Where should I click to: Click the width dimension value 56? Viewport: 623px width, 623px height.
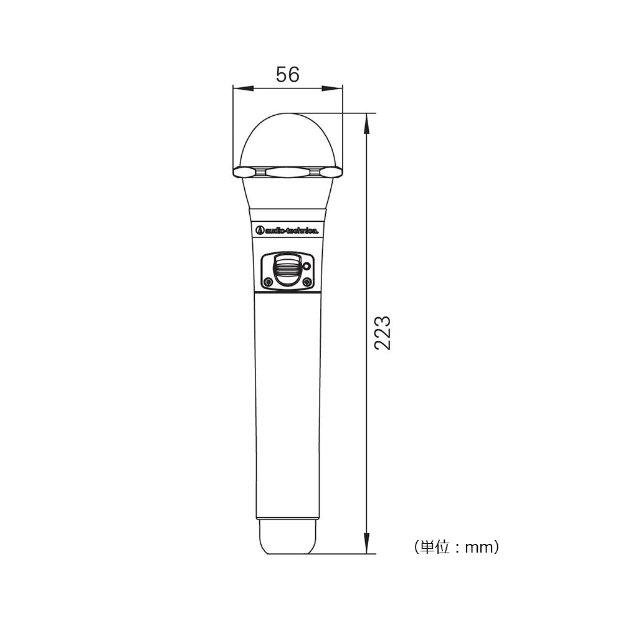click(x=288, y=75)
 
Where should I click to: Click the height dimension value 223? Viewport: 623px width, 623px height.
click(x=383, y=333)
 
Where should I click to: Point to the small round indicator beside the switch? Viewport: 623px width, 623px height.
click(x=306, y=267)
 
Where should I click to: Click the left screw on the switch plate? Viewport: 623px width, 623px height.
click(x=269, y=282)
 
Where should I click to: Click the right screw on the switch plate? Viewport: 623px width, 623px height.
click(x=306, y=282)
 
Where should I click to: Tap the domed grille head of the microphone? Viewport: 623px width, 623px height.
click(x=288, y=141)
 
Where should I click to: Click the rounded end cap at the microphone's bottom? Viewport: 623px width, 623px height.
click(x=288, y=536)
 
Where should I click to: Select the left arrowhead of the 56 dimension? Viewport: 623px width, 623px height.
click(x=243, y=88)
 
